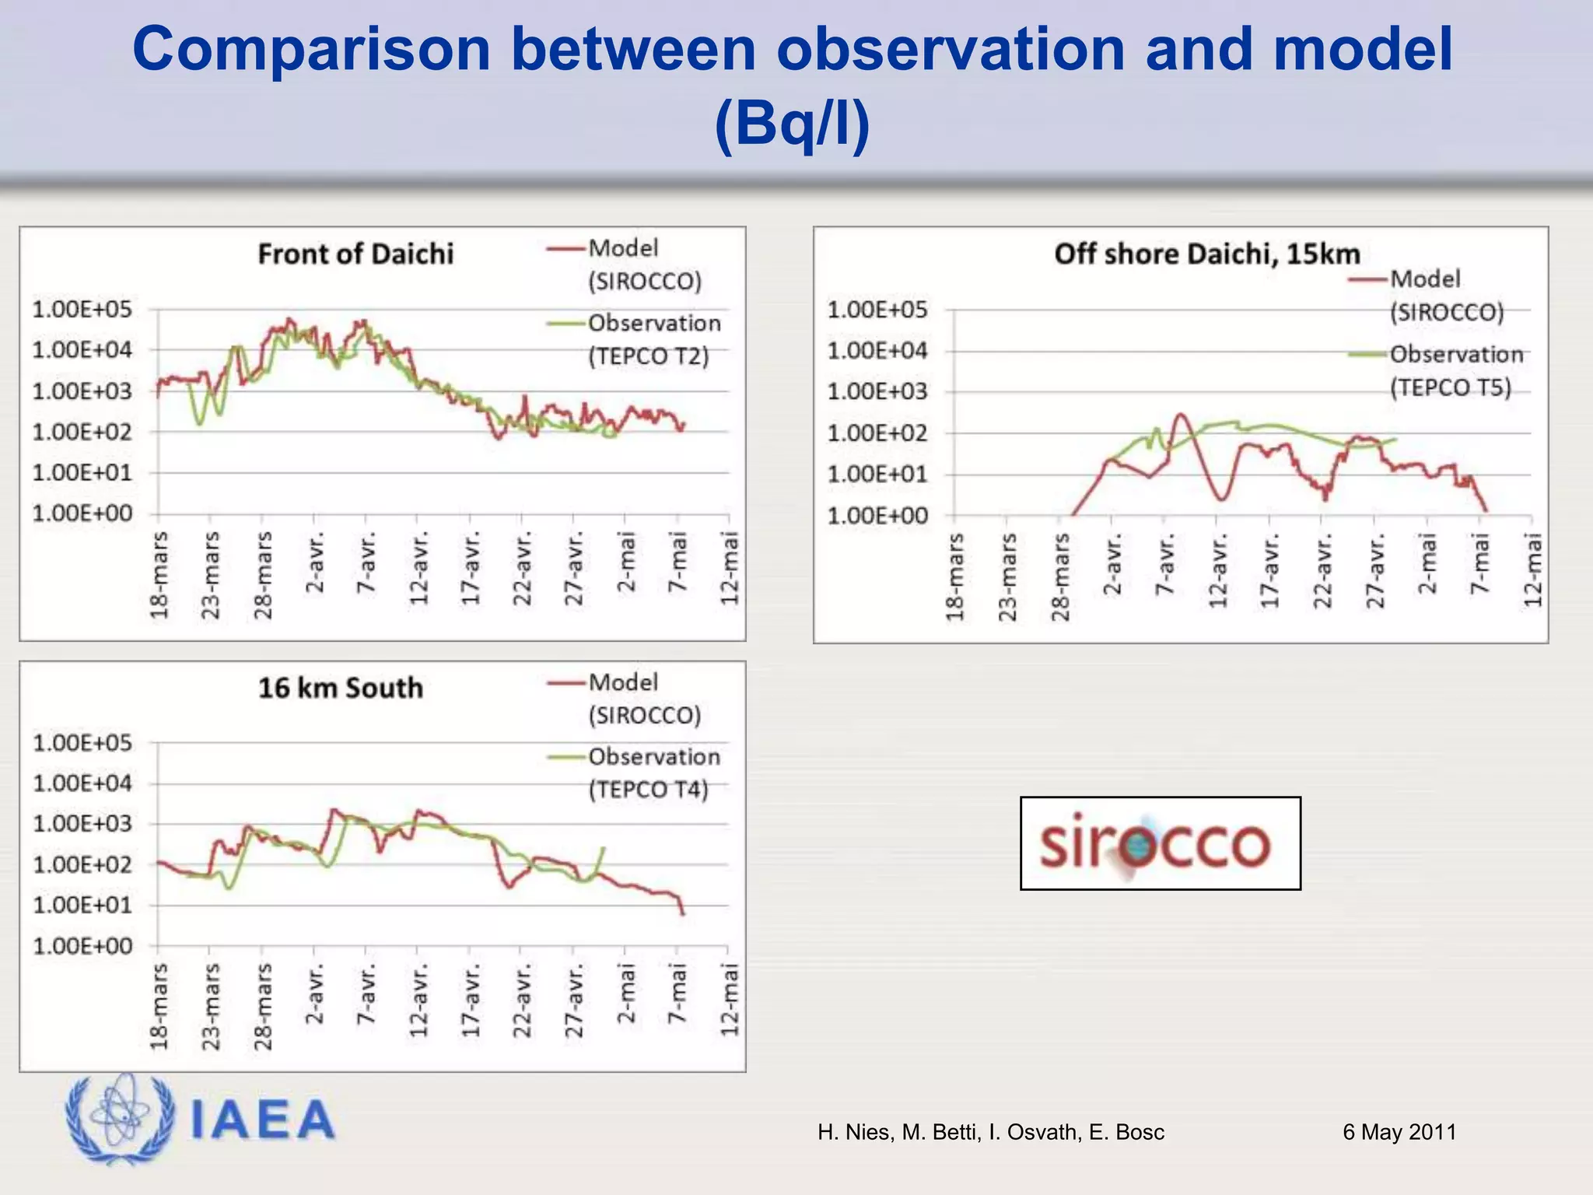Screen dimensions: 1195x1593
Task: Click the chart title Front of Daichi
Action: (x=355, y=254)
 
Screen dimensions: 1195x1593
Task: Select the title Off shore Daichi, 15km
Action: (x=1207, y=254)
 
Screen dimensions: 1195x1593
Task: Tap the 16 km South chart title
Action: (x=341, y=688)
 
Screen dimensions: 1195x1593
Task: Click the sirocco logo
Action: (x=1159, y=843)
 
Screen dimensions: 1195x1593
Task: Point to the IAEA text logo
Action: (x=263, y=1120)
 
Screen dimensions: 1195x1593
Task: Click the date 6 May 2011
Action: (x=1399, y=1132)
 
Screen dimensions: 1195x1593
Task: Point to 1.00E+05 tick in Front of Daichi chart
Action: (x=82, y=310)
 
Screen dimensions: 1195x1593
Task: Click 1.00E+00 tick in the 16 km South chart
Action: (x=82, y=946)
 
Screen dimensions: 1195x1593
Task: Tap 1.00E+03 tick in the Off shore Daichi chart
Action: (x=877, y=391)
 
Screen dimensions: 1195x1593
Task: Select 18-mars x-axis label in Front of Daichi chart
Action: (x=159, y=576)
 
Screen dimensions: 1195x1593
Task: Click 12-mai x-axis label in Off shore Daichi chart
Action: (x=1532, y=569)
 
